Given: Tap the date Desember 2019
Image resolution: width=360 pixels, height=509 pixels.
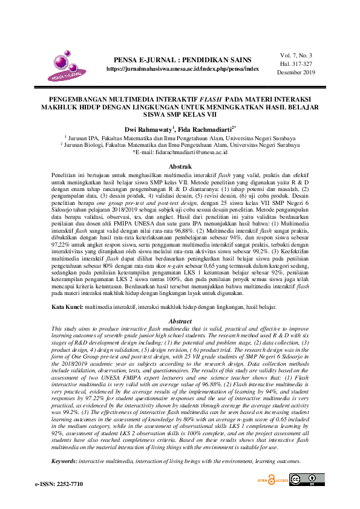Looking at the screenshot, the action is (x=296, y=72).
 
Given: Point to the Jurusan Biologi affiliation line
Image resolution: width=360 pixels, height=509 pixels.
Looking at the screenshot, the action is (x=180, y=146).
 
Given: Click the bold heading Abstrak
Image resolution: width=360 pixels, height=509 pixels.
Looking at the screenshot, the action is (x=180, y=166).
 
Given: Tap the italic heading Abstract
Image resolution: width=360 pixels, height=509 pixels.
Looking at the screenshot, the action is (x=180, y=321).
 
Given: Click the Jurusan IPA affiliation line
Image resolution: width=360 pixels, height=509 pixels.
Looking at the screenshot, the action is (x=180, y=137).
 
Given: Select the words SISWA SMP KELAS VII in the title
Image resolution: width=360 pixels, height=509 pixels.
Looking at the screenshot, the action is (x=180, y=114).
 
